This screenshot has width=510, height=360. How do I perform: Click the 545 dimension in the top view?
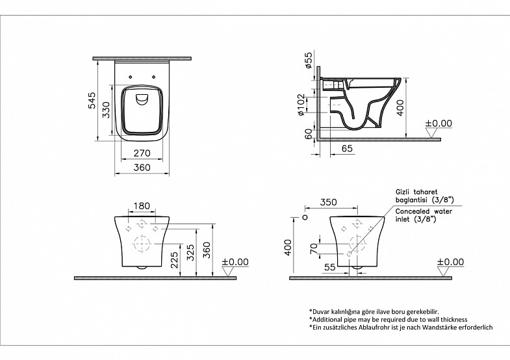coord(93,101)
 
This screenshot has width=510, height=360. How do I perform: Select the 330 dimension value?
coord(107,110)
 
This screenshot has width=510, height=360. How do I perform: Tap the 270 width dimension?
coord(142,153)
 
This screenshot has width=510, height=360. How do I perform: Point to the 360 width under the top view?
coord(142,168)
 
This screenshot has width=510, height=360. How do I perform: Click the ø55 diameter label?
coord(309,60)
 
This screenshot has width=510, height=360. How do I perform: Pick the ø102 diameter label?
coord(301,105)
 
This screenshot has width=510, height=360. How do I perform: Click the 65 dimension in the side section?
coord(348,148)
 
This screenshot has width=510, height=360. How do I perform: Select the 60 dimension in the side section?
coord(309,134)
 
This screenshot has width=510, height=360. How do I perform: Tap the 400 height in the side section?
coord(400,108)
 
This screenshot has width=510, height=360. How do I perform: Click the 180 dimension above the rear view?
coord(142,206)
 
